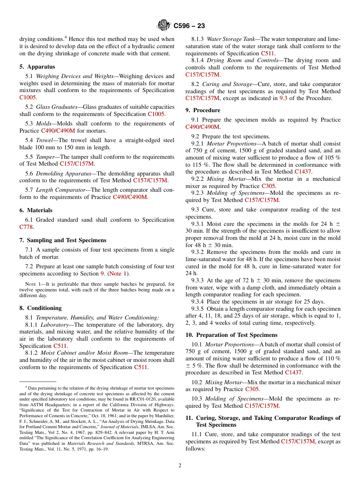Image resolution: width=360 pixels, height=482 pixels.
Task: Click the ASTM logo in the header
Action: pos(164,25)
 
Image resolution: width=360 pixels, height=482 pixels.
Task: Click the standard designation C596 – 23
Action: pos(189,26)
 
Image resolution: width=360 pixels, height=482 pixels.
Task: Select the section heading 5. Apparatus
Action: pos(37,67)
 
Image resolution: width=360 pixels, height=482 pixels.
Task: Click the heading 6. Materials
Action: pos(36,210)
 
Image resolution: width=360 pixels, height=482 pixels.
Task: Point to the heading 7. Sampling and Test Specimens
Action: pos(63,240)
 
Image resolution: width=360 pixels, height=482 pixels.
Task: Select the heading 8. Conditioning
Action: pos(40,308)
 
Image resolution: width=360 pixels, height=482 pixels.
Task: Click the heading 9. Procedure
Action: pos(203,110)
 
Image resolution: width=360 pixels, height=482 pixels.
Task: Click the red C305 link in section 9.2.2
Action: pos(269,186)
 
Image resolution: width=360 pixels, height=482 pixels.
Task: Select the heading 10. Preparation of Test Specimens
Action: pos(232,335)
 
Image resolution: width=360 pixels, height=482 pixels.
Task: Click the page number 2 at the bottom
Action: pos(180,466)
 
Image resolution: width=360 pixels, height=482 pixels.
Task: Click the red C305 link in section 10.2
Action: pos(252,389)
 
